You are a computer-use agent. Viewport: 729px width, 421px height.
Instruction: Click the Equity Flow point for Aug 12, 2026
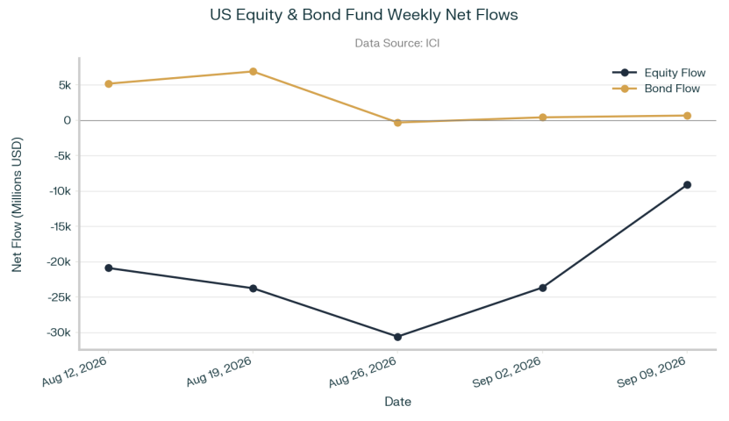point(109,268)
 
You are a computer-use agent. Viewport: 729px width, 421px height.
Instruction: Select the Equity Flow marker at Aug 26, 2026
point(397,337)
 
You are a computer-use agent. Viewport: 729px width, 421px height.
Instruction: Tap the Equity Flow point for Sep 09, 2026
point(687,185)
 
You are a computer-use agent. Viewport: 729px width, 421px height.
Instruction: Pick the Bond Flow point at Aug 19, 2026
point(253,72)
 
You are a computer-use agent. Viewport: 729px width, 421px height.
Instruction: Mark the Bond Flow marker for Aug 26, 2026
point(397,123)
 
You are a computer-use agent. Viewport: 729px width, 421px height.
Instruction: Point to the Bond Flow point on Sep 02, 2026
point(542,118)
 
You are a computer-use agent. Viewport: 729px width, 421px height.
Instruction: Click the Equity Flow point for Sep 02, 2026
point(542,288)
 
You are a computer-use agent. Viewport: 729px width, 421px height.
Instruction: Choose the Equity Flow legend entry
point(659,73)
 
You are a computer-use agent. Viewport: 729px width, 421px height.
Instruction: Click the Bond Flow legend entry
point(656,89)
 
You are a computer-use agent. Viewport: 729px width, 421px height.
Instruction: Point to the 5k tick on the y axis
point(65,85)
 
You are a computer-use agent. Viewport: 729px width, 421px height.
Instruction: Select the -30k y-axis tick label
point(59,332)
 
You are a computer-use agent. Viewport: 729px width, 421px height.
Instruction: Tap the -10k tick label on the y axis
point(60,191)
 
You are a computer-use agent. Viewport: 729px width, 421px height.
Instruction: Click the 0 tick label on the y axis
point(68,121)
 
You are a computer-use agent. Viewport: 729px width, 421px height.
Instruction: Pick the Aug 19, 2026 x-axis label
point(219,372)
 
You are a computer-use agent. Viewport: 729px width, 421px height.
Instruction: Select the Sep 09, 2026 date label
point(652,372)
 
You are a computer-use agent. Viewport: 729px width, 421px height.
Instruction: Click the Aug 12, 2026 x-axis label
point(75,372)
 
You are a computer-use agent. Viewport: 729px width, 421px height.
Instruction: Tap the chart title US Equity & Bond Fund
point(297,15)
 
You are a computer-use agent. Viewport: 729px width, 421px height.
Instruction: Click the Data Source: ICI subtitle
point(397,43)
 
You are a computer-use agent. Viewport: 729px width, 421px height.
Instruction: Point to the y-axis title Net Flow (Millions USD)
point(17,204)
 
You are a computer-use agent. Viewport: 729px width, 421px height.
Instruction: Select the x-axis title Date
point(398,402)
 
